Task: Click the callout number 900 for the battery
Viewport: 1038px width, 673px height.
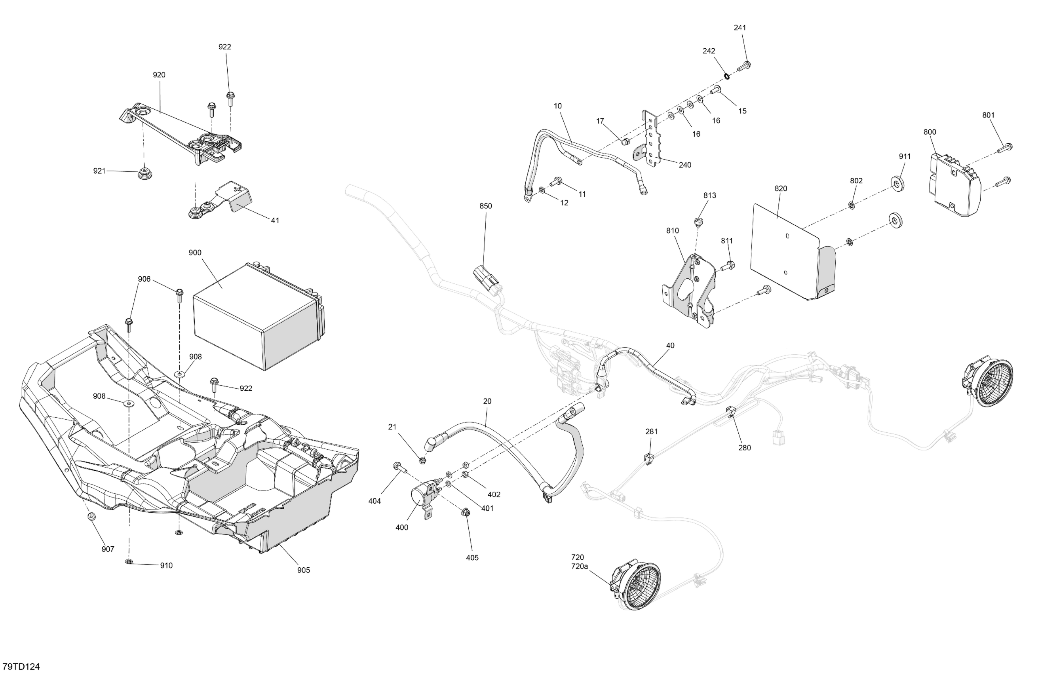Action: pos(195,253)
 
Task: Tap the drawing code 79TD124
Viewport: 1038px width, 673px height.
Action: pos(21,666)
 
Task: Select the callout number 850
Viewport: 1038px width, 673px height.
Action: pos(485,206)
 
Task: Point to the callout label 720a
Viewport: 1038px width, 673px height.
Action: pos(579,566)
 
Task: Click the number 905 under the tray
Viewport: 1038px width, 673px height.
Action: pos(304,570)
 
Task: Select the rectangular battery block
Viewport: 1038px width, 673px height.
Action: pos(257,316)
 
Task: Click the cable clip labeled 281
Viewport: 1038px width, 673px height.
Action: pos(648,458)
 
